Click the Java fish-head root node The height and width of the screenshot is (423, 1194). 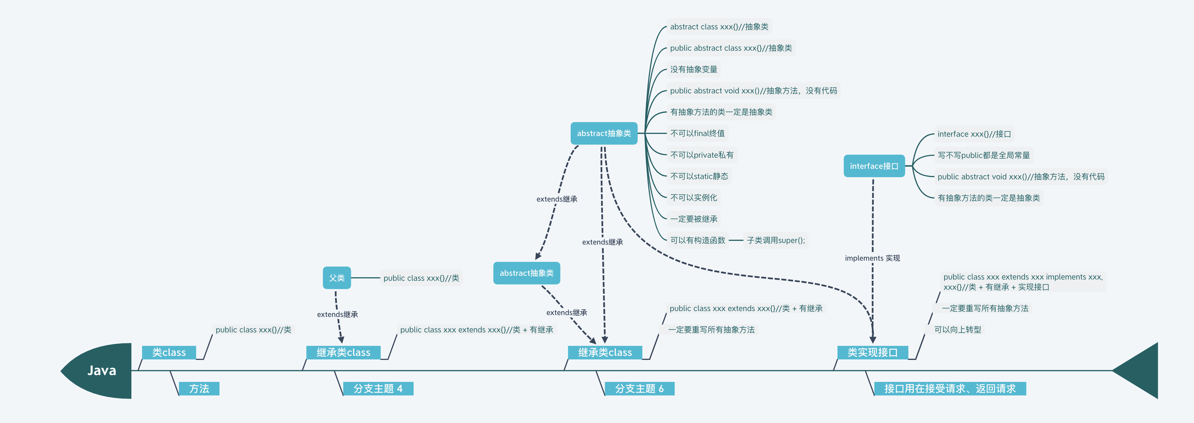tap(101, 370)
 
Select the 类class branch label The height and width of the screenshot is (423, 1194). tap(169, 352)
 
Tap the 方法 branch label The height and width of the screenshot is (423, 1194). tap(199, 389)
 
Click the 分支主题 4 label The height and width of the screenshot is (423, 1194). tap(378, 389)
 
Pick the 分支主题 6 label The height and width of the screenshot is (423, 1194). tap(639, 389)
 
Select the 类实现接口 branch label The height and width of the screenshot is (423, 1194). tap(872, 352)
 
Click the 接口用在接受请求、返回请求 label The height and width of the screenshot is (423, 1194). tap(950, 389)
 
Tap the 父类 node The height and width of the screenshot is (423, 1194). tap(336, 278)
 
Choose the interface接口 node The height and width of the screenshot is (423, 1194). tap(874, 166)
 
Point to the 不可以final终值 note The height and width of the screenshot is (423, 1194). tap(697, 134)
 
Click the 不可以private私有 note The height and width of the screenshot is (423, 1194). tap(702, 155)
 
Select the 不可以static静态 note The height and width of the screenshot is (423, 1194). tap(699, 176)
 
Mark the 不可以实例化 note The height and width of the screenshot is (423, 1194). tap(693, 198)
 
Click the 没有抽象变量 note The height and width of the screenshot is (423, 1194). tap(693, 70)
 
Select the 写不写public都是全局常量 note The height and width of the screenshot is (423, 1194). tap(983, 155)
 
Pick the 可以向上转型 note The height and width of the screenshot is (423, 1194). tap(957, 330)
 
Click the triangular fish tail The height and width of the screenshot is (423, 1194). tap(1140, 370)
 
